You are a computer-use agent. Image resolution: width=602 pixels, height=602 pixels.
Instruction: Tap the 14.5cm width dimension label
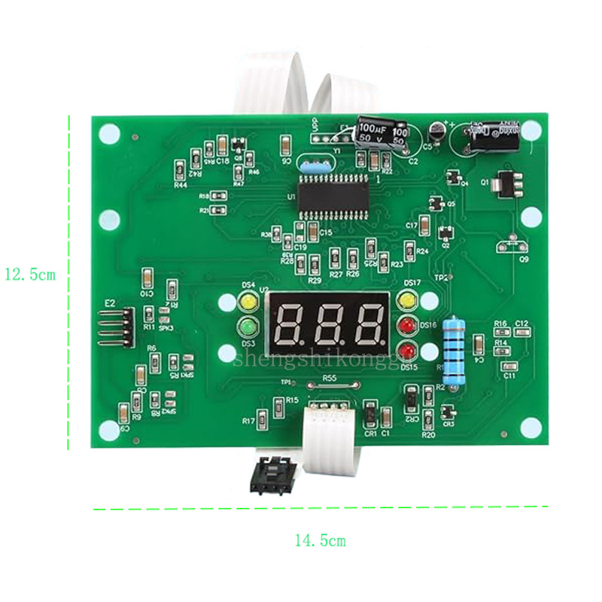click(320, 540)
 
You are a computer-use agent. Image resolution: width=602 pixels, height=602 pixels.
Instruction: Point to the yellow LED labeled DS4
click(247, 303)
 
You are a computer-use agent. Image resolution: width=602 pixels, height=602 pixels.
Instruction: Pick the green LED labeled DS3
click(247, 327)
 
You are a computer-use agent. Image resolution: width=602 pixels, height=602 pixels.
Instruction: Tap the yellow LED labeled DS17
click(407, 302)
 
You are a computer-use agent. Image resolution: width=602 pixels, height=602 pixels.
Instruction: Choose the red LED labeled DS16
click(407, 326)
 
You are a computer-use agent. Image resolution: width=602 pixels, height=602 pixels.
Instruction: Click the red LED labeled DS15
click(407, 351)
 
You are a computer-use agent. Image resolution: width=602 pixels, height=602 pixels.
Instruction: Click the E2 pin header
click(119, 327)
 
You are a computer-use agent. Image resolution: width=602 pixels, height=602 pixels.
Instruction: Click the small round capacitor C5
click(436, 131)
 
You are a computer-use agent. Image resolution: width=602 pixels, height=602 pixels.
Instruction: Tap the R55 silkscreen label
click(329, 379)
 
